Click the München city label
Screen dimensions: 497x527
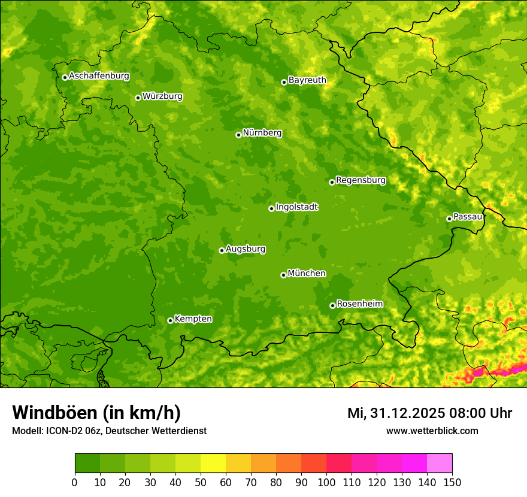click(307, 274)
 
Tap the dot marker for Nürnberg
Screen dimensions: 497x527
click(238, 135)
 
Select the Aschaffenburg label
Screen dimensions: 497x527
click(99, 76)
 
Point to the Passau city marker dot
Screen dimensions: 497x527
click(449, 219)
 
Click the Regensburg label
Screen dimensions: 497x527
click(361, 180)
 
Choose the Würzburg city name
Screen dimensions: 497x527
click(162, 96)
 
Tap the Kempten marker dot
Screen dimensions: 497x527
click(170, 320)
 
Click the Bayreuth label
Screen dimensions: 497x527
click(307, 80)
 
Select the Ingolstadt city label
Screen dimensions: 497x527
click(296, 207)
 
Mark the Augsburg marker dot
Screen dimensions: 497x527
click(222, 250)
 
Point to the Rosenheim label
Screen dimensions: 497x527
click(359, 304)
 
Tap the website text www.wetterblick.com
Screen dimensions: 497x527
click(432, 431)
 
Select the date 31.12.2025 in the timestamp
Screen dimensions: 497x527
click(407, 413)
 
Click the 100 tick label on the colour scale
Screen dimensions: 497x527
click(326, 483)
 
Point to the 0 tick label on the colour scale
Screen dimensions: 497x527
click(75, 483)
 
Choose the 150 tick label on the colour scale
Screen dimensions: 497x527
click(452, 483)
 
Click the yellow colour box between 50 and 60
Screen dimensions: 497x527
click(213, 463)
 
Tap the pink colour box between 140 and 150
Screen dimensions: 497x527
click(440, 463)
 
